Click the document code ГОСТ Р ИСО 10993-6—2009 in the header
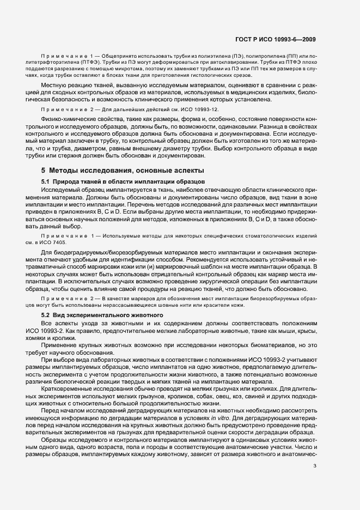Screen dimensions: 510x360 (278, 39)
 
